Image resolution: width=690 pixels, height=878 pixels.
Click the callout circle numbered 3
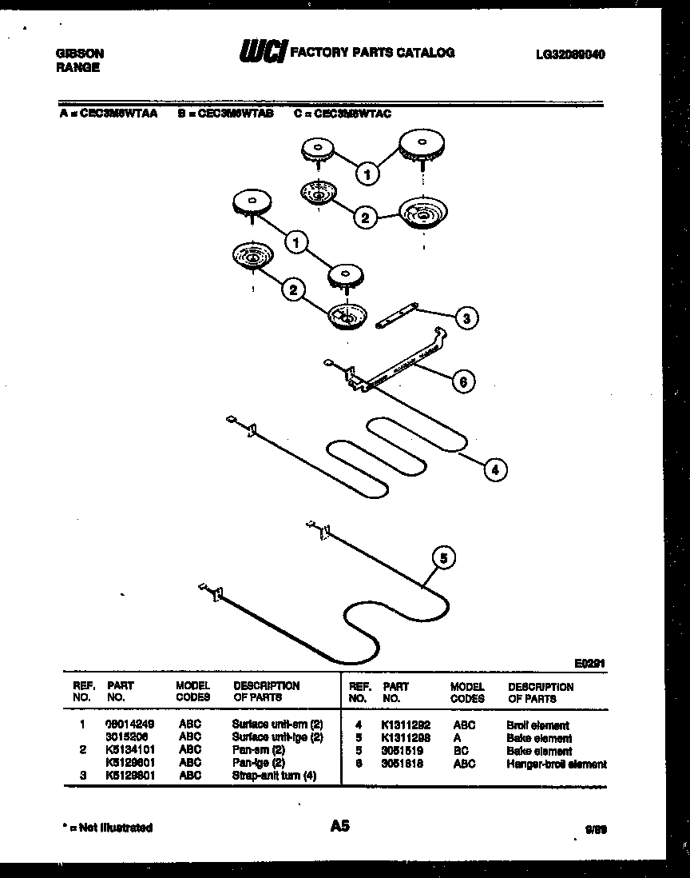pos(466,317)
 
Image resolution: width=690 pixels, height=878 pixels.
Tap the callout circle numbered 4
pos(495,469)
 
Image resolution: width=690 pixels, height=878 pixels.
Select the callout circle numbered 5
pos(444,557)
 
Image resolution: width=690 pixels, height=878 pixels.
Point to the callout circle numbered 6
pos(461,381)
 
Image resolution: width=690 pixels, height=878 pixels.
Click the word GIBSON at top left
pos(79,54)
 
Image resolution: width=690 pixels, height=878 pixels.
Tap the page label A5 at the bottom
pos(339,826)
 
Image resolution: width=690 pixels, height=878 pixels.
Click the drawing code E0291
pos(589,663)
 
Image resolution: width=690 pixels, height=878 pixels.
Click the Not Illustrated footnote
pos(106,828)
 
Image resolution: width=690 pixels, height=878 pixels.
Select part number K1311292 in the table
pos(406,724)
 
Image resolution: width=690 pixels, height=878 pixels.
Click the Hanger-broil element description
pos(556,764)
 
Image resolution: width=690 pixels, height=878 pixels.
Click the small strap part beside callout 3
pos(397,315)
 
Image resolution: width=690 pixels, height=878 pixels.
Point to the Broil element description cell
pos(537,725)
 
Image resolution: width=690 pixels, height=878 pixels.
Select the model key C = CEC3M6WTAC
pos(343,114)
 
